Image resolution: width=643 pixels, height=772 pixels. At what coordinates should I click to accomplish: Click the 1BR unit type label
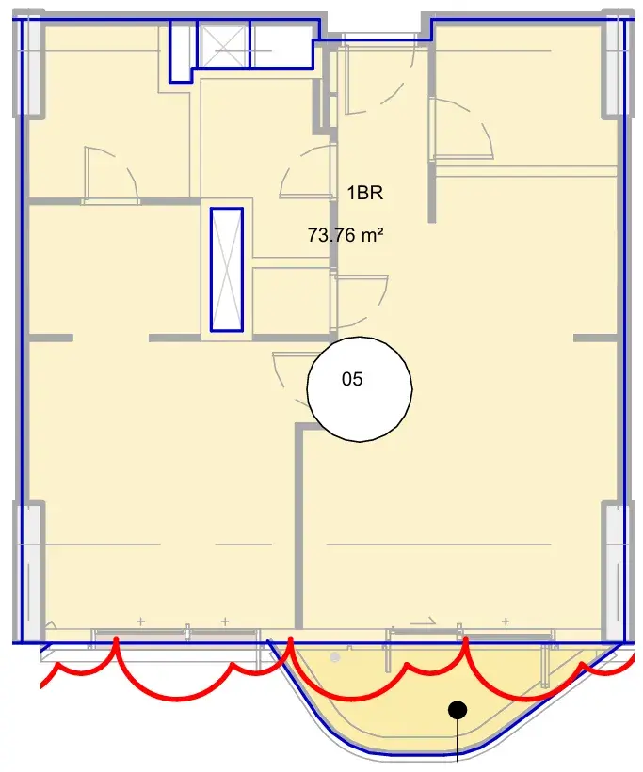coord(365,193)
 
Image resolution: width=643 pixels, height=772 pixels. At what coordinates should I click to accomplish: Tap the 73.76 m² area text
coord(346,235)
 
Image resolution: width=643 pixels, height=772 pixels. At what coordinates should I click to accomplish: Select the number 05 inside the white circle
coord(352,379)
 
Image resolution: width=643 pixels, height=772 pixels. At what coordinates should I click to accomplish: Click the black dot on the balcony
coord(458,710)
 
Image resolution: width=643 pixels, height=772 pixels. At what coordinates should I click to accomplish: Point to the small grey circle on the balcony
coord(335,656)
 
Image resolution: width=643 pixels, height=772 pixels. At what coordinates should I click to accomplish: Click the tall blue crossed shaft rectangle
coord(227,269)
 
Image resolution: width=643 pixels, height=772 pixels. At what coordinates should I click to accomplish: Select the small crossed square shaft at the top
coord(223,43)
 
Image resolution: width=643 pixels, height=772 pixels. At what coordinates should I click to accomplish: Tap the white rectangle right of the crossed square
coord(281,43)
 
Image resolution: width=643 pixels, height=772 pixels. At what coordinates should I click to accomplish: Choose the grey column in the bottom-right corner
coord(617,571)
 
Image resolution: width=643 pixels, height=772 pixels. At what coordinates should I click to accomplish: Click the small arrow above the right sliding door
coord(423,622)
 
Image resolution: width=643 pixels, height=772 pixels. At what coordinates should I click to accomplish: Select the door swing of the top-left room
coord(111,172)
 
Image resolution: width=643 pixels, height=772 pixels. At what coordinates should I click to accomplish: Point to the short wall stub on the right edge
coord(595,338)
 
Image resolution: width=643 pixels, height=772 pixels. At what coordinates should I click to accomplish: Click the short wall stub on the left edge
coord(51,338)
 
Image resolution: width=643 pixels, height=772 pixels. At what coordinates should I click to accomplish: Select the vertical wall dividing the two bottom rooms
coord(298,526)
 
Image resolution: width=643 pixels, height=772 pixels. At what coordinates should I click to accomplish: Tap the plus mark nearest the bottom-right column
coord(506,622)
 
